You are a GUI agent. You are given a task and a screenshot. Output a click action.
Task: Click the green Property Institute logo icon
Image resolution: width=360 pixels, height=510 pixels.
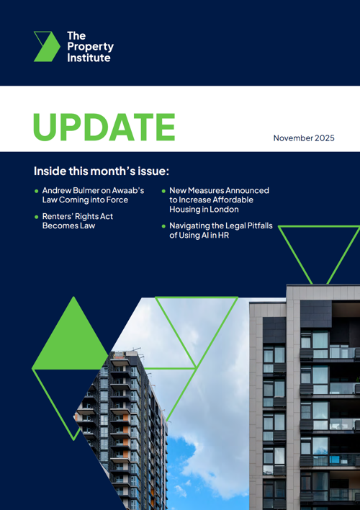coord(46,45)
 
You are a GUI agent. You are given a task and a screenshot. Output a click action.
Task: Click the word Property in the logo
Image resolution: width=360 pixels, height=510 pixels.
coord(90,46)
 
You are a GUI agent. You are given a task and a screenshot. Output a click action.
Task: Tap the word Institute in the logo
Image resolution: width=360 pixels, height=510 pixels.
coord(89,57)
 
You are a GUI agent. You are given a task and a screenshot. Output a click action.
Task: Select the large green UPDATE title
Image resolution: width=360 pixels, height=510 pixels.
coord(104,127)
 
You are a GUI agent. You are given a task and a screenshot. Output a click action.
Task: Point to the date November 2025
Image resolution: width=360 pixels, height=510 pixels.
coord(304,138)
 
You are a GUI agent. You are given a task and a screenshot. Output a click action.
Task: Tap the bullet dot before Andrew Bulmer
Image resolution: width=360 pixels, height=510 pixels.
coord(37,191)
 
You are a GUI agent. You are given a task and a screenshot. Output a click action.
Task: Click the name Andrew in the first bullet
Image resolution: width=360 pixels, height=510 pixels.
coord(59,191)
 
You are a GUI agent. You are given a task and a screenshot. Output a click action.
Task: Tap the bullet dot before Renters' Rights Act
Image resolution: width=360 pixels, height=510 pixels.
coord(37,216)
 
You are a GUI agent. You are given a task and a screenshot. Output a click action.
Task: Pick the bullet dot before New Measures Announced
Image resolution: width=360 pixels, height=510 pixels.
coord(163,191)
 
